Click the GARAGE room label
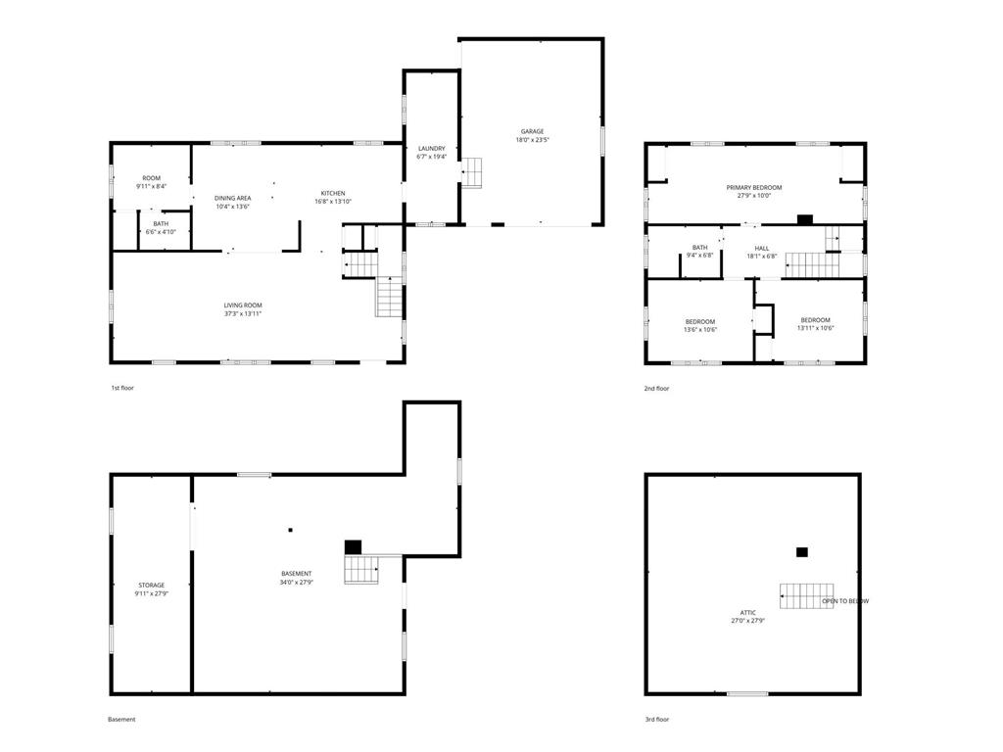(x=532, y=131)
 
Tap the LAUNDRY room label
(x=432, y=149)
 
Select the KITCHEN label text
(x=333, y=193)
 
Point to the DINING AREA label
(x=232, y=198)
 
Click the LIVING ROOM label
(x=243, y=305)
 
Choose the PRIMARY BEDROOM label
(x=754, y=187)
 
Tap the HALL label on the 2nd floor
(x=762, y=248)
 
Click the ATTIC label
(x=747, y=613)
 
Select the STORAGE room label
(x=152, y=586)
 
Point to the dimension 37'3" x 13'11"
(x=243, y=314)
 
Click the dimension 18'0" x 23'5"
(x=532, y=139)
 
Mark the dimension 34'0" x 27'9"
(x=296, y=582)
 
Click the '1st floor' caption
(x=122, y=388)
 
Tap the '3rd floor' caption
(x=657, y=720)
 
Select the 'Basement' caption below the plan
(x=121, y=720)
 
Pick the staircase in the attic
(x=806, y=596)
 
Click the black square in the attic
(x=801, y=552)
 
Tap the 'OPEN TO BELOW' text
(x=845, y=601)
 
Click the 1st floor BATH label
(x=161, y=224)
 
